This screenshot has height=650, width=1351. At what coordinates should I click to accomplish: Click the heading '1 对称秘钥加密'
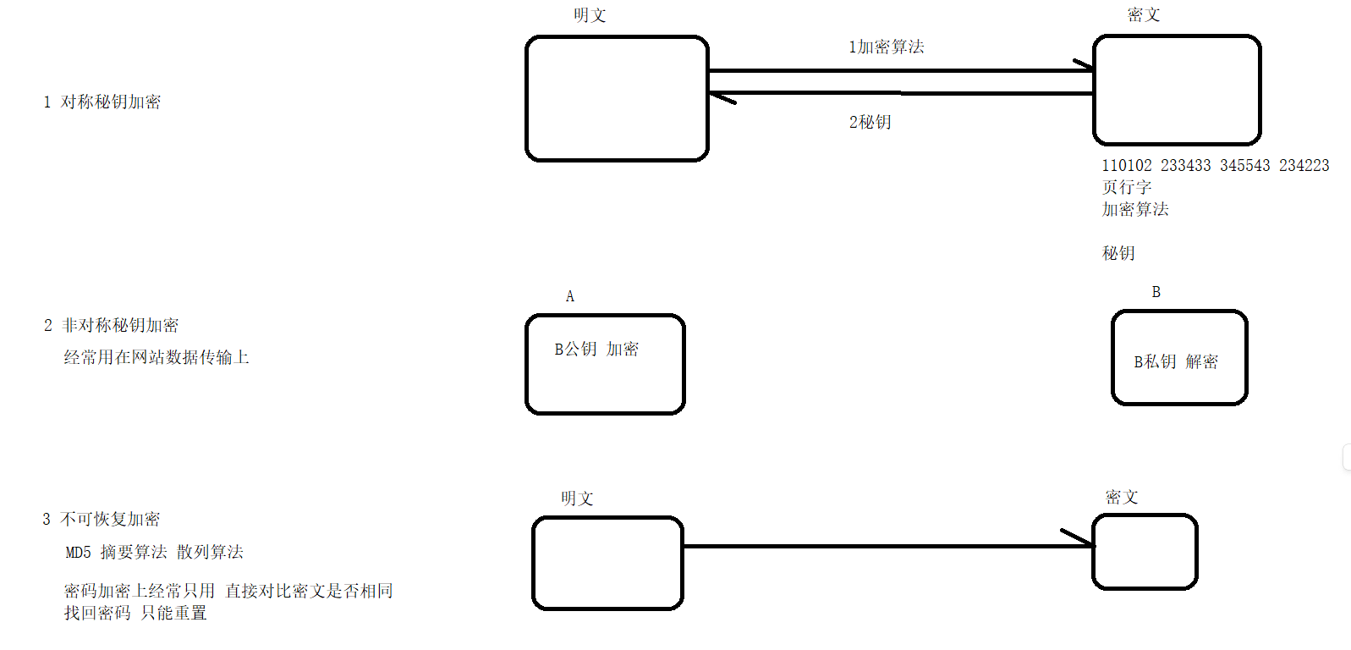click(102, 102)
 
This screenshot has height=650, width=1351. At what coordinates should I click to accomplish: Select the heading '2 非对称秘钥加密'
click(112, 326)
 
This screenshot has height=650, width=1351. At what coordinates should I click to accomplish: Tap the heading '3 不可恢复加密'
click(102, 520)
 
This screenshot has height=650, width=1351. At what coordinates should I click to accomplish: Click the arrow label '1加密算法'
click(887, 47)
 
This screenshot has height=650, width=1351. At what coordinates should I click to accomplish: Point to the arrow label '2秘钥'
click(870, 123)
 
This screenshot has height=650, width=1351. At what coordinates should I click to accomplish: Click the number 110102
click(1127, 166)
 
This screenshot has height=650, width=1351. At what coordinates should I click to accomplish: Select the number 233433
click(1186, 166)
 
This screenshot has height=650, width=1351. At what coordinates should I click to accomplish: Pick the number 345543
click(1245, 166)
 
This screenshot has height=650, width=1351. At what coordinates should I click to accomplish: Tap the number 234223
click(1304, 166)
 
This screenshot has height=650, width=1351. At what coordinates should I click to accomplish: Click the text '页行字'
click(1127, 188)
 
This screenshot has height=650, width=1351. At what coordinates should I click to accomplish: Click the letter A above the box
click(570, 297)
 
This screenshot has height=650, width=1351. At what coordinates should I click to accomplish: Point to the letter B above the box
click(1156, 293)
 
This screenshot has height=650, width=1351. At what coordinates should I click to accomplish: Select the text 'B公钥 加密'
click(596, 350)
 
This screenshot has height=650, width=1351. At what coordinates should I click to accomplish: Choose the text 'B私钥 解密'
click(1176, 362)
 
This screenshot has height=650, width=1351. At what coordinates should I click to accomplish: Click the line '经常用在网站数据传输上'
click(157, 358)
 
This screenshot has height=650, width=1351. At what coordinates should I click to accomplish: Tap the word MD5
click(79, 553)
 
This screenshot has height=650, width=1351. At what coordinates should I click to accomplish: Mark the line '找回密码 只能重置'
click(135, 614)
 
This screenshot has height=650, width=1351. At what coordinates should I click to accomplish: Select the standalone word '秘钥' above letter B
click(1118, 254)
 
